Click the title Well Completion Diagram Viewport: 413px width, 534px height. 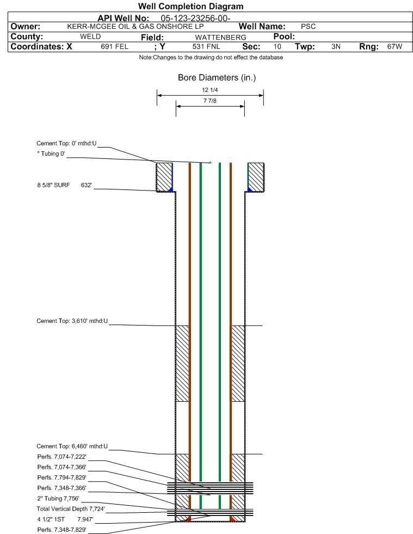click(190, 7)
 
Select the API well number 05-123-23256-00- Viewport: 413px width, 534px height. click(195, 19)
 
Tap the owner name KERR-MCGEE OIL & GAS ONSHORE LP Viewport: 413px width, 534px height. click(135, 27)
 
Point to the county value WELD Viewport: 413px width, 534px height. click(90, 37)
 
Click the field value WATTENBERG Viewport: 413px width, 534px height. click(220, 37)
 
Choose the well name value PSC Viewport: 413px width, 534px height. click(308, 27)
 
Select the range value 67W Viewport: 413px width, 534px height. click(394, 47)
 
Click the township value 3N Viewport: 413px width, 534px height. click(336, 47)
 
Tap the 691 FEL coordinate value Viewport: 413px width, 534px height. click(114, 47)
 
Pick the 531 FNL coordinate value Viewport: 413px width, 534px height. click(206, 47)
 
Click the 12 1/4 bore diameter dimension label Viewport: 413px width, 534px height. click(209, 90)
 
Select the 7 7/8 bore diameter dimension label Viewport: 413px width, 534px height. click(209, 101)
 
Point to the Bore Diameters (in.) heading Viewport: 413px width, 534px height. click(217, 78)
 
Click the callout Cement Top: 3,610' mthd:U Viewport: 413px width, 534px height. click(72, 321)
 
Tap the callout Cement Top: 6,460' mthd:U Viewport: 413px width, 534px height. click(72, 446)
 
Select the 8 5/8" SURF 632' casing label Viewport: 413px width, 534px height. click(65, 185)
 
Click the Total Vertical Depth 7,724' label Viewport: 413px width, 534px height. click(71, 509)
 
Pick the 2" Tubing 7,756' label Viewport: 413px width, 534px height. click(58, 499)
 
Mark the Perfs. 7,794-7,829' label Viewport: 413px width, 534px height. click(61, 477)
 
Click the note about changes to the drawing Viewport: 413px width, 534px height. click(211, 57)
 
